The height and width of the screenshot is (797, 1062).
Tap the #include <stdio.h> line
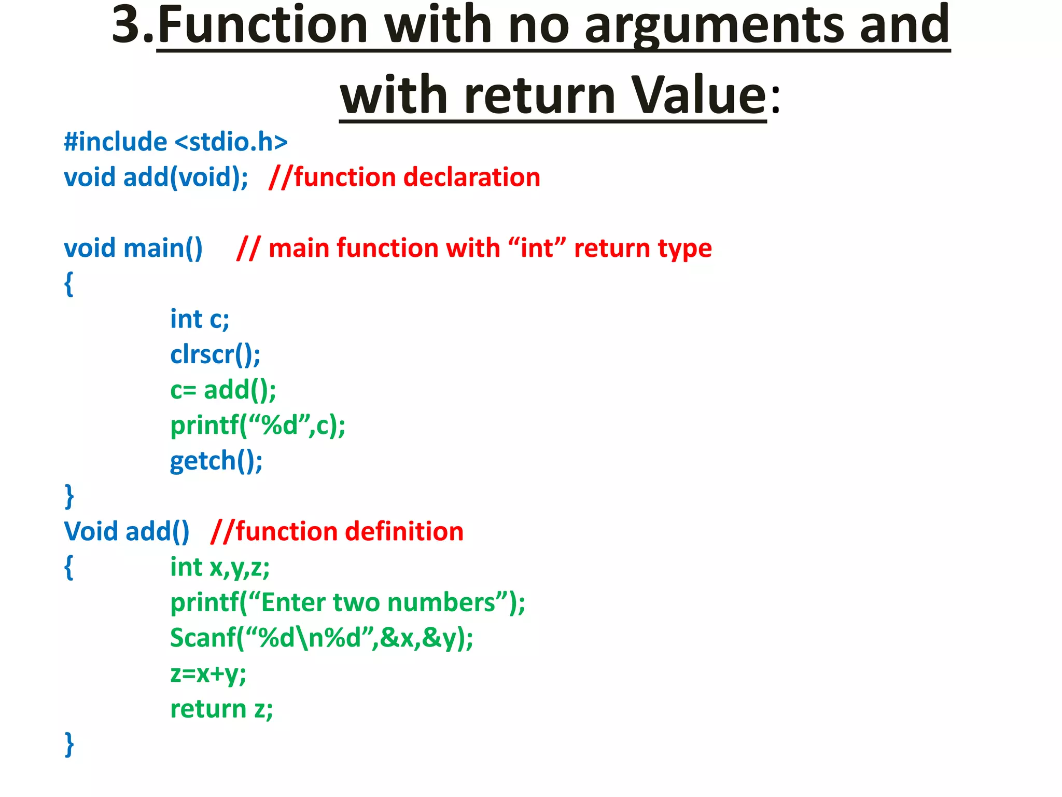pyautogui.click(x=175, y=142)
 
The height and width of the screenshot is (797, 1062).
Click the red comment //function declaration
pyautogui.click(x=404, y=177)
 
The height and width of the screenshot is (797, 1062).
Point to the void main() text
pyautogui.click(x=133, y=248)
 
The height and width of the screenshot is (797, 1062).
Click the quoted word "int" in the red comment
pyautogui.click(x=537, y=248)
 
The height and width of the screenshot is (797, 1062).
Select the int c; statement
pyautogui.click(x=200, y=319)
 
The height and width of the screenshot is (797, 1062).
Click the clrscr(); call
pyautogui.click(x=215, y=355)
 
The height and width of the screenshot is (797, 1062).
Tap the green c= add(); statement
pyautogui.click(x=223, y=390)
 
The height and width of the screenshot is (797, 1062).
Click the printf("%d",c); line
pyautogui.click(x=258, y=426)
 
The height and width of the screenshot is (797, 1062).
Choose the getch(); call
pyautogui.click(x=216, y=461)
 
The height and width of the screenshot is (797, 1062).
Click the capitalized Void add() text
pyautogui.click(x=127, y=532)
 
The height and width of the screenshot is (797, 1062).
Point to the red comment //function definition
pyautogui.click(x=337, y=532)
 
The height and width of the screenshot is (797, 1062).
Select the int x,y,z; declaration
pyautogui.click(x=220, y=568)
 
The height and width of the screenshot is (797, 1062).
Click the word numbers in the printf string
pyautogui.click(x=441, y=603)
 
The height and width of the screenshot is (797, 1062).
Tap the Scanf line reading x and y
pyautogui.click(x=322, y=638)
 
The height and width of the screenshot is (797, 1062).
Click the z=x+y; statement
pyautogui.click(x=208, y=674)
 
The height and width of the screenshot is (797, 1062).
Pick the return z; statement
pyautogui.click(x=221, y=709)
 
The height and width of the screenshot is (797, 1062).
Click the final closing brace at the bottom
pyautogui.click(x=69, y=745)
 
